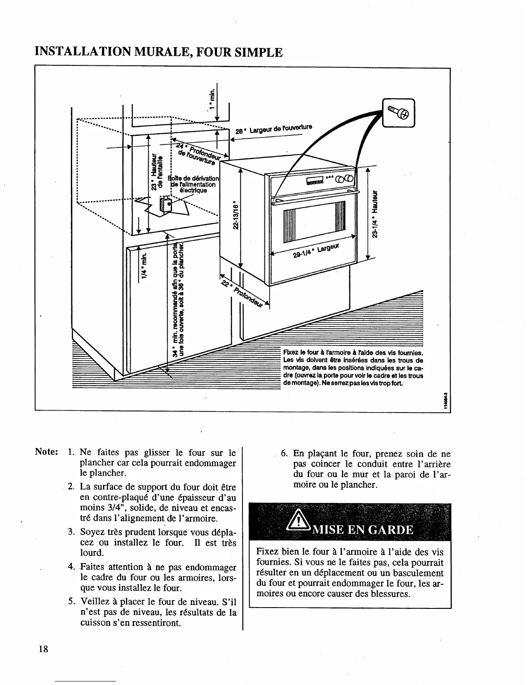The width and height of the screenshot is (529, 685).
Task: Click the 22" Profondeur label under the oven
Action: coord(244,292)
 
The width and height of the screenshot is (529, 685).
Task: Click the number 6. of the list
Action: coord(284,454)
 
